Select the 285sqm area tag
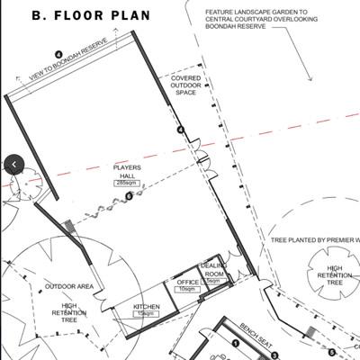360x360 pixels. click(124, 183)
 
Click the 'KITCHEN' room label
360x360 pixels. click(147, 307)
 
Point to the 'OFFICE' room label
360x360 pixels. click(187, 282)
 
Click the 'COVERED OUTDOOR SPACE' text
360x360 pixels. click(185, 85)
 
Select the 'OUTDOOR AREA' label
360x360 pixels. click(69, 287)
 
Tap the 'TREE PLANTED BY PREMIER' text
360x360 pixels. click(314, 241)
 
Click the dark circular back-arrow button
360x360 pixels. click(14, 164)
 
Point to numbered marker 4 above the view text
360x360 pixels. click(58, 55)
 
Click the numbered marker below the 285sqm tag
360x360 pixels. click(129, 194)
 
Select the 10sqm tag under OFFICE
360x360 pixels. click(186, 289)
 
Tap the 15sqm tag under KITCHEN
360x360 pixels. click(146, 314)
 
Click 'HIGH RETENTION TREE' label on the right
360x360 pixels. click(335, 275)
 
